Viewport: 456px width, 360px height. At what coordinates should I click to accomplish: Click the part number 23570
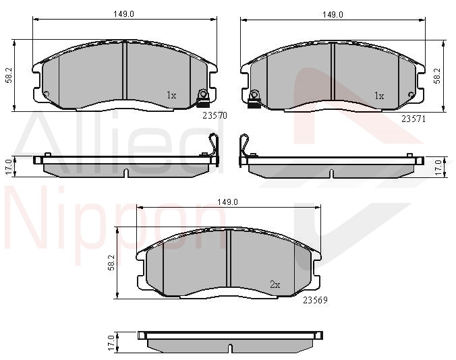pos(215,116)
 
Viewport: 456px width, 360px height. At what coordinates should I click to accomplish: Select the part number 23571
pos(414,119)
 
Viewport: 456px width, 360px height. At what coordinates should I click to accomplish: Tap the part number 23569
pos(315,300)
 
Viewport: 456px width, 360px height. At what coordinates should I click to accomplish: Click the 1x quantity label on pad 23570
pos(171,95)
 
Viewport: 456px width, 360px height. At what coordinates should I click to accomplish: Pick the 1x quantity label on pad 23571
pos(379,96)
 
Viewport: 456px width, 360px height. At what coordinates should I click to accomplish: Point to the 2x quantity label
pos(275,284)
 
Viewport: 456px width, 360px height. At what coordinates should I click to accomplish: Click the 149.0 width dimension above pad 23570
pos(124,14)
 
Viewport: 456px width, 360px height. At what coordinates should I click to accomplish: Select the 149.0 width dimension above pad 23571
pos(333,15)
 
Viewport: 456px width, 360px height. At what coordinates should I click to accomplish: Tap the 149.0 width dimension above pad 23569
pos(228,202)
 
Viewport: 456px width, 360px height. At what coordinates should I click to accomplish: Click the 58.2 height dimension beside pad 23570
pos(9,76)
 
